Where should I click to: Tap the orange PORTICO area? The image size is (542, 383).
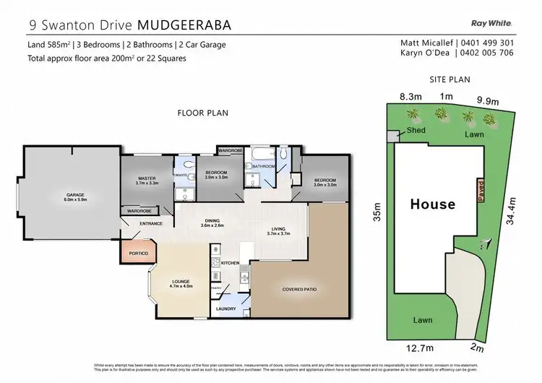pyautogui.click(x=137, y=254)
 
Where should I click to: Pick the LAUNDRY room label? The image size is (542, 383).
pyautogui.click(x=226, y=309)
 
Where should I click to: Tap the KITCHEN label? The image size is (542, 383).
pyautogui.click(x=230, y=262)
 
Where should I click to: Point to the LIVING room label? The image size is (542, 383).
pyautogui.click(x=278, y=231)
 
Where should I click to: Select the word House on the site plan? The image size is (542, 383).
pyautogui.click(x=433, y=204)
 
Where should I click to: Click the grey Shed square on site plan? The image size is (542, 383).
pyautogui.click(x=391, y=136)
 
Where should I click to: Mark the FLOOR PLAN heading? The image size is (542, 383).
pyautogui.click(x=203, y=113)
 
